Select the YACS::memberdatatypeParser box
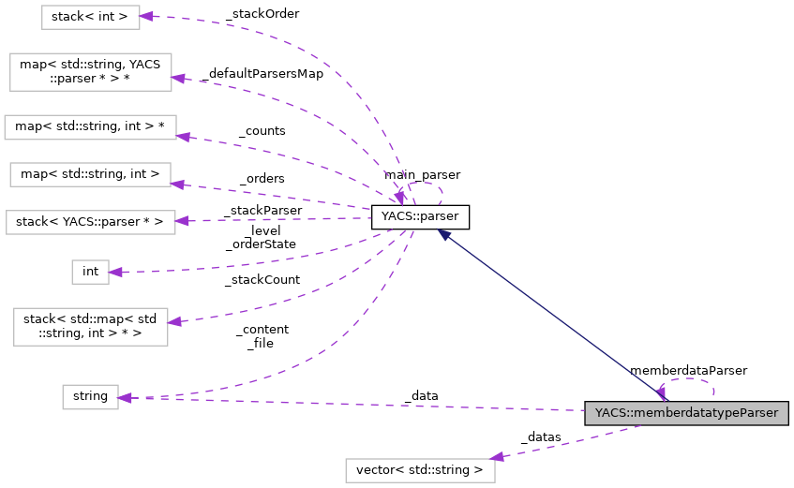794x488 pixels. tap(686, 412)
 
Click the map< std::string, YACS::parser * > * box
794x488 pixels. tap(90, 72)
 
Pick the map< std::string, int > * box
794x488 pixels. tap(90, 127)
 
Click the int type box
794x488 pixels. tap(90, 272)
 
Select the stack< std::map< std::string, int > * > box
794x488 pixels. tap(90, 326)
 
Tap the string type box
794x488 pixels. tap(90, 397)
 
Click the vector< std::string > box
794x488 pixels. tap(420, 469)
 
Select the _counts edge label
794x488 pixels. tap(262, 131)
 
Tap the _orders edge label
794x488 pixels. tap(262, 178)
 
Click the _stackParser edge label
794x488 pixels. tap(262, 211)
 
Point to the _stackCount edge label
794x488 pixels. tap(262, 279)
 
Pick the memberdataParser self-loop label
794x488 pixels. tap(688, 371)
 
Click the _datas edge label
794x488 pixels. tap(541, 436)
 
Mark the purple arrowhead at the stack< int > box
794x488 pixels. tap(145, 16)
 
